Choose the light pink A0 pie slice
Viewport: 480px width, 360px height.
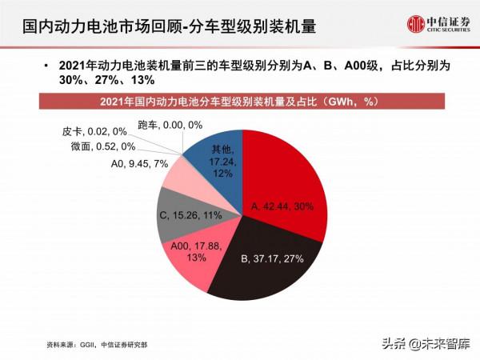tap(180, 172)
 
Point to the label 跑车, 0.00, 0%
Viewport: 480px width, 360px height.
tap(170, 125)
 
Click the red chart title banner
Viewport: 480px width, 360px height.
tap(239, 102)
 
